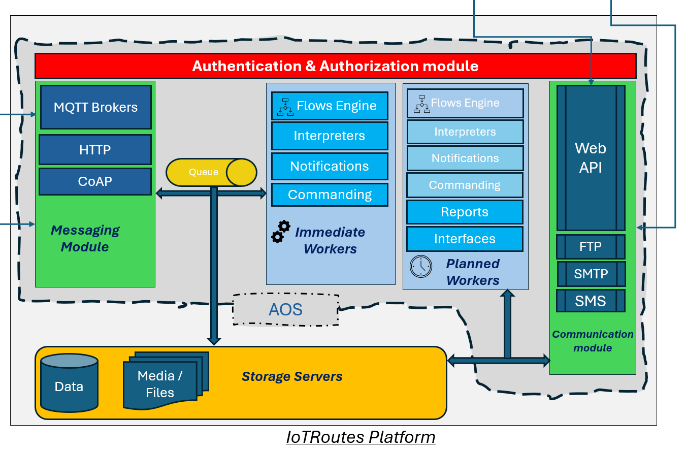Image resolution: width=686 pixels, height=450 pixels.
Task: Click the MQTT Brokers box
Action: (x=95, y=107)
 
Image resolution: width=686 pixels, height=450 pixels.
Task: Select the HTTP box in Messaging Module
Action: (x=95, y=150)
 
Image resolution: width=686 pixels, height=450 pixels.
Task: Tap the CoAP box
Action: (x=95, y=181)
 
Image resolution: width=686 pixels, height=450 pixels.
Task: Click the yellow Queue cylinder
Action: (x=211, y=172)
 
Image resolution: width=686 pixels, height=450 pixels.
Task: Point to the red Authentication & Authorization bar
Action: (x=335, y=66)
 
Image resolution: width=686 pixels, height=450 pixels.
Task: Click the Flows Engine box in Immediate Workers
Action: (x=330, y=106)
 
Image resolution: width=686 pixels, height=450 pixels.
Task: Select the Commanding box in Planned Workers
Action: (x=465, y=185)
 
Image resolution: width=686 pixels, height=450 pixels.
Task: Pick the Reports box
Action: (x=465, y=212)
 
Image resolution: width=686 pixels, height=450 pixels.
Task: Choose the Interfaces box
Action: (x=465, y=239)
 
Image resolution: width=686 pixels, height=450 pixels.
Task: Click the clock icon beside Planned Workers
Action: (x=421, y=267)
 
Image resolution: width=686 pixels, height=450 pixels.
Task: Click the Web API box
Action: (x=591, y=157)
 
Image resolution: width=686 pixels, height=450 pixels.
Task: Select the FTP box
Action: (x=591, y=247)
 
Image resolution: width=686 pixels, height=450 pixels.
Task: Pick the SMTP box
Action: (x=591, y=274)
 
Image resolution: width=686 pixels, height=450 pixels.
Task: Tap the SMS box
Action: (x=591, y=301)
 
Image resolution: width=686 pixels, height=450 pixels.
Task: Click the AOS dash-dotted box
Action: (x=286, y=309)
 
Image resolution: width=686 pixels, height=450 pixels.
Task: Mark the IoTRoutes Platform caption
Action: (x=361, y=437)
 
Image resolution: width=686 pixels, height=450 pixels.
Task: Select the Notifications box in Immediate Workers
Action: (x=330, y=166)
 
